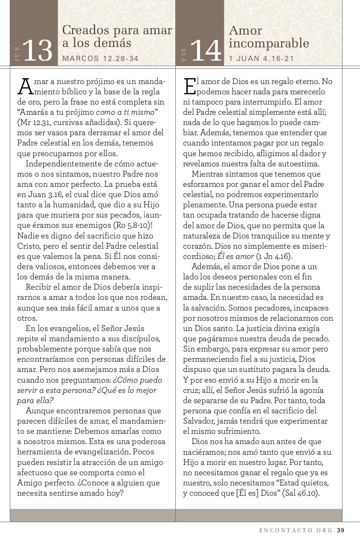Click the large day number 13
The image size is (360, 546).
click(x=38, y=51)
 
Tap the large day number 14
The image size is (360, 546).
click(x=206, y=51)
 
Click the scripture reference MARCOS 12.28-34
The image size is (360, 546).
click(x=100, y=58)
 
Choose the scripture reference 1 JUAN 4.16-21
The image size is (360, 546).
click(x=261, y=58)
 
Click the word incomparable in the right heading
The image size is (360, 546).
click(x=269, y=43)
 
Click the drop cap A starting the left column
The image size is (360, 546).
click(x=25, y=86)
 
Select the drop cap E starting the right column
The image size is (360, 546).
click(x=189, y=86)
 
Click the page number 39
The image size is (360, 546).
click(x=340, y=531)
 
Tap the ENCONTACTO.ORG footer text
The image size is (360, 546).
click(x=296, y=531)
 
